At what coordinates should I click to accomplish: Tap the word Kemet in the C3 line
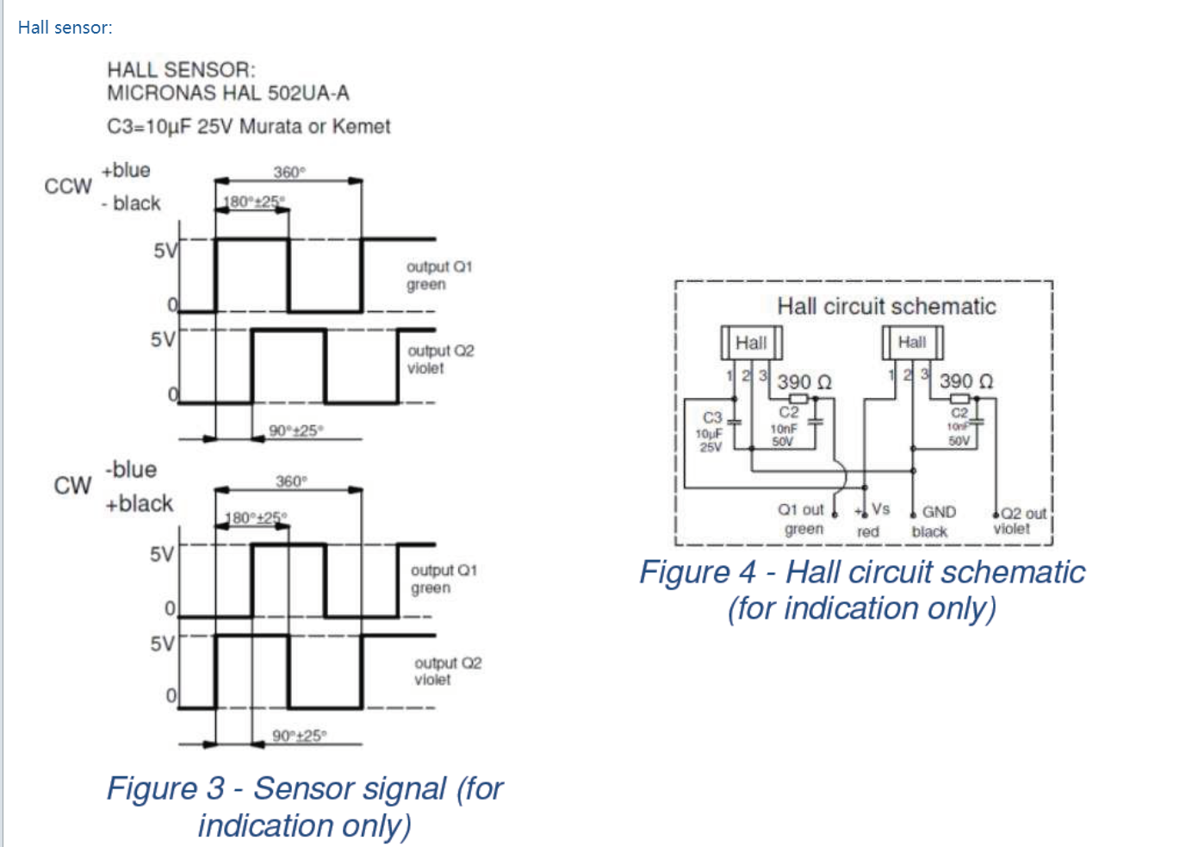361,127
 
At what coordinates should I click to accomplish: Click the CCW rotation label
68,186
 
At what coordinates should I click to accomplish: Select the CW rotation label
72,485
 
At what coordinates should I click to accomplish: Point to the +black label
139,503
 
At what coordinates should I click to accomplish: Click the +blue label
126,171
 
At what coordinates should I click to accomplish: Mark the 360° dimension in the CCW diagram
289,172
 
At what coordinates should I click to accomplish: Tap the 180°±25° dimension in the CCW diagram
252,202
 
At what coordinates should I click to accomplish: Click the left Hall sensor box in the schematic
751,343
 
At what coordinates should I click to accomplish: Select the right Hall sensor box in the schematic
912,342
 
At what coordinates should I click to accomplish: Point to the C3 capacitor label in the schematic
712,418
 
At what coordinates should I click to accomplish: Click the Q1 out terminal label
801,510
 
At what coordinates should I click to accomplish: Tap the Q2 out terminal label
1023,514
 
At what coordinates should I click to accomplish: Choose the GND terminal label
939,512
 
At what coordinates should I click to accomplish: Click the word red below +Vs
868,532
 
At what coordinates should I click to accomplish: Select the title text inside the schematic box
886,307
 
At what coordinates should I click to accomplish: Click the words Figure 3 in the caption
165,788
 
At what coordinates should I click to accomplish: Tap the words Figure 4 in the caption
698,572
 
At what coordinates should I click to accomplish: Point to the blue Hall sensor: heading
65,28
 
